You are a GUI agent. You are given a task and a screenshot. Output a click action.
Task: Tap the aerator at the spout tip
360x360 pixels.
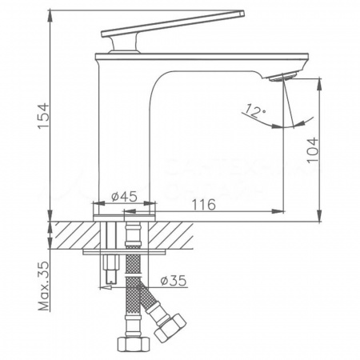(x=285, y=77)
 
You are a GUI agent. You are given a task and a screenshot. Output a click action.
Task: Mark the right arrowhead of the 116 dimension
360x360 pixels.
(x=280, y=211)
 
